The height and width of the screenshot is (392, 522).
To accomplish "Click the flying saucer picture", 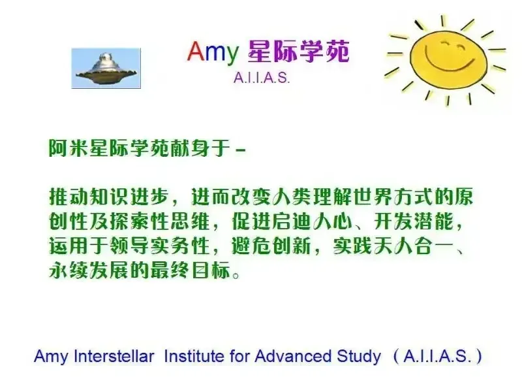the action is coord(106,69).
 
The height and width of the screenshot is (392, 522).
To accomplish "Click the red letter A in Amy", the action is coord(196,52).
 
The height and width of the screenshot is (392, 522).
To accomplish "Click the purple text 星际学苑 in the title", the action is coord(298,52).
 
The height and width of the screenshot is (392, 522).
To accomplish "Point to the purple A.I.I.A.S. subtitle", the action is coord(262,78).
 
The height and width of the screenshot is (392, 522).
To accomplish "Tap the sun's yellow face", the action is coord(448,58).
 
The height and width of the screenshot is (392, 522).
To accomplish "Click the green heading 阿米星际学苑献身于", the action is coord(140,148).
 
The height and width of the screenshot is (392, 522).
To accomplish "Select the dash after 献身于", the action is coord(240,151).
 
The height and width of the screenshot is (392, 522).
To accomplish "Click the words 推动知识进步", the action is coord(109,197).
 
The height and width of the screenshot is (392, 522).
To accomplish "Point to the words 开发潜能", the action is coord(413,221).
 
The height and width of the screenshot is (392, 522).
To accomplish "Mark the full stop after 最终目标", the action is coord(236,275).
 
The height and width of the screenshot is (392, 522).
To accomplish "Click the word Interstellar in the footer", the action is coord(114,356).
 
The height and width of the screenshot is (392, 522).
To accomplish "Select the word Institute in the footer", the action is coord(194,356).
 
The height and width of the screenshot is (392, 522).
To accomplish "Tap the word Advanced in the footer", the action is coord(294,356).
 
